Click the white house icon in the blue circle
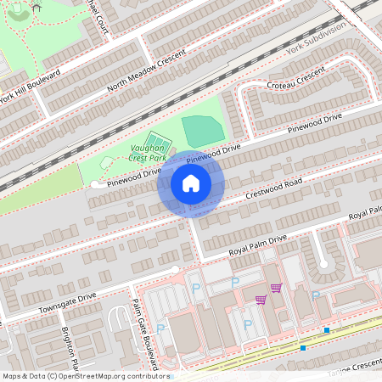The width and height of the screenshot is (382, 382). (190, 183)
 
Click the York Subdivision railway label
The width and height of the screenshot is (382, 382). (317, 40)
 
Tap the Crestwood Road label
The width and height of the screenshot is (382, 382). (274, 189)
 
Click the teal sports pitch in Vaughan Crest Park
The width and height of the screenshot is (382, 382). (203, 130)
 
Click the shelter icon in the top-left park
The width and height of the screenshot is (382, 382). (36, 6)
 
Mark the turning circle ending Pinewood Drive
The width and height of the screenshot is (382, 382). (93, 184)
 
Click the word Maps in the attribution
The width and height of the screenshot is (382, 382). (14, 376)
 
